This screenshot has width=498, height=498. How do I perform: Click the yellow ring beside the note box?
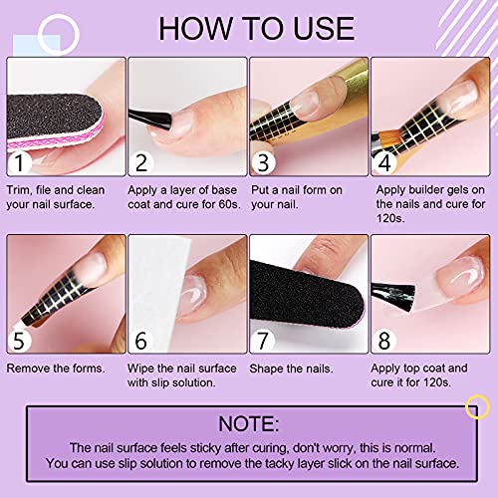click(x=478, y=406)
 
